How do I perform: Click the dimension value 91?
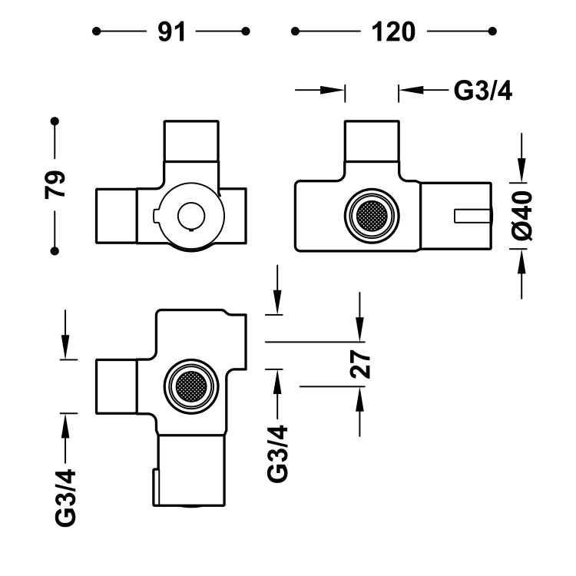170,31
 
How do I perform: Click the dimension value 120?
393,31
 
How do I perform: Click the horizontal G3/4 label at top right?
483,91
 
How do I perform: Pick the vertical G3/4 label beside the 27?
277,453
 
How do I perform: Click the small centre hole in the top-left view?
189,214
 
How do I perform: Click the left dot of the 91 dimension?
96,31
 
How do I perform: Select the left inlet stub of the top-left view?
115,216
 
